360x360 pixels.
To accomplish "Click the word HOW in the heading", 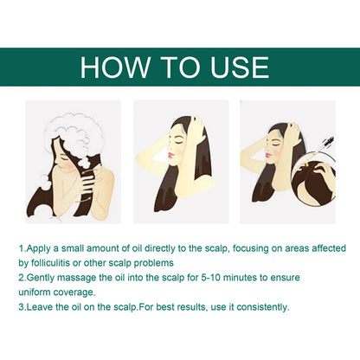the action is [115, 67].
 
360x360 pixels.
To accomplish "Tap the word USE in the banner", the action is [240, 67].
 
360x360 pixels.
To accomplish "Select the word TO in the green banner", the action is [181, 67].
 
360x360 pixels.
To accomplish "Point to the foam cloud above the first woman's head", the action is [71, 130].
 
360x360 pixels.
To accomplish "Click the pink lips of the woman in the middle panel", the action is [170, 155].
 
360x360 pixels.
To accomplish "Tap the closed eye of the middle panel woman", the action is [173, 141].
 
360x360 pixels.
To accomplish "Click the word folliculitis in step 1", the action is [49, 263].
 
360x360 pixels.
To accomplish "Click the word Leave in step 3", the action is [40, 307].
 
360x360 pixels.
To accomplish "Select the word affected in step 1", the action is [329, 248].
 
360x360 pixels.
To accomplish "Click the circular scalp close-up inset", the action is [313, 182].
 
